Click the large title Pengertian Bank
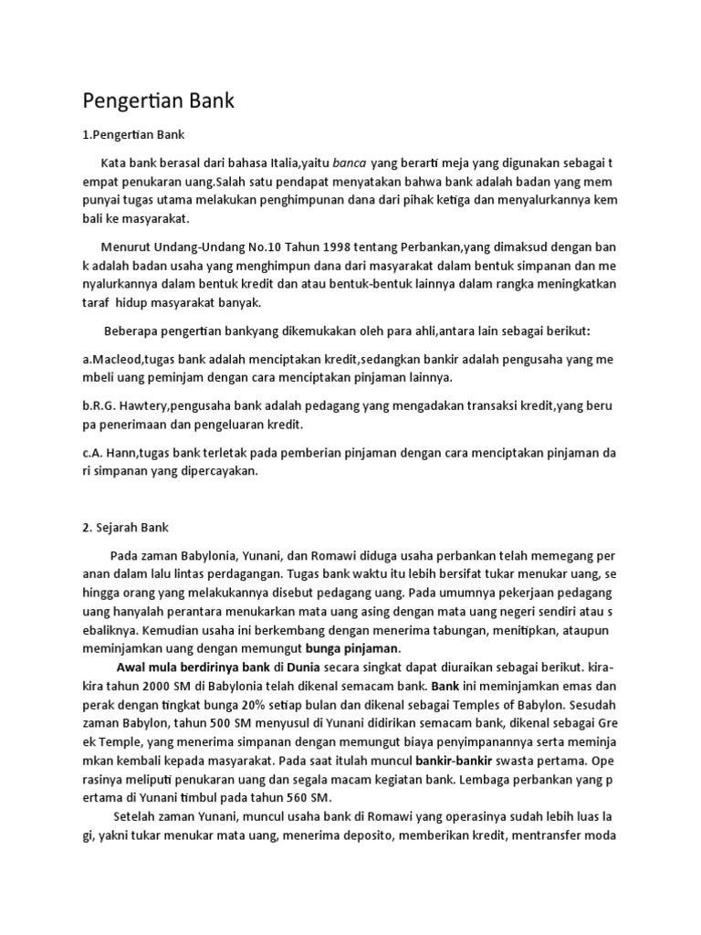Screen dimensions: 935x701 [159, 100]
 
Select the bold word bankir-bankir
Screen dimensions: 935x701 [453, 761]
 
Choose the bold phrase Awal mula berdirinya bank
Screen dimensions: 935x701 [194, 667]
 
